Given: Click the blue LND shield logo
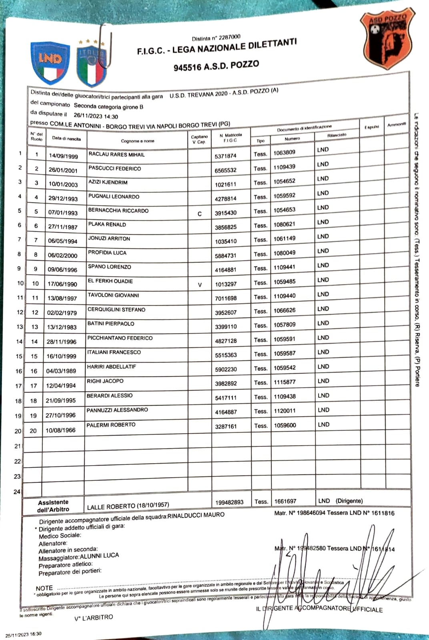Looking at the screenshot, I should click(x=50, y=63).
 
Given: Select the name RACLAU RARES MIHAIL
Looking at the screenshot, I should click(x=116, y=154).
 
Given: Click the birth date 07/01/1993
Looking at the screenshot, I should click(x=63, y=212).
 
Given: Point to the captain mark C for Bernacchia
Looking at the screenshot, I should click(x=200, y=214).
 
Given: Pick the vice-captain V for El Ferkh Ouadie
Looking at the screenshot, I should click(x=200, y=285).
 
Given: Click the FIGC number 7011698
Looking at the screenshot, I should click(x=226, y=298).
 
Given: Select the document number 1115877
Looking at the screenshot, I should click(x=285, y=382).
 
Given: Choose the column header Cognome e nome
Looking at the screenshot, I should click(x=137, y=141).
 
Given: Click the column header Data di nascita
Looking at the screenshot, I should click(x=66, y=138).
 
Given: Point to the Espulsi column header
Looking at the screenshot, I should click(x=371, y=127).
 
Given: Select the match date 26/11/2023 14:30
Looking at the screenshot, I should click(x=96, y=116).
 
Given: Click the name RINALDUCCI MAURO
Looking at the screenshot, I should click(x=196, y=515).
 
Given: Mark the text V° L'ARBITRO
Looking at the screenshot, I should click(x=94, y=618).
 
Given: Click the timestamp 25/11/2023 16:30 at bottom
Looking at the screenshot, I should click(x=23, y=634).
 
